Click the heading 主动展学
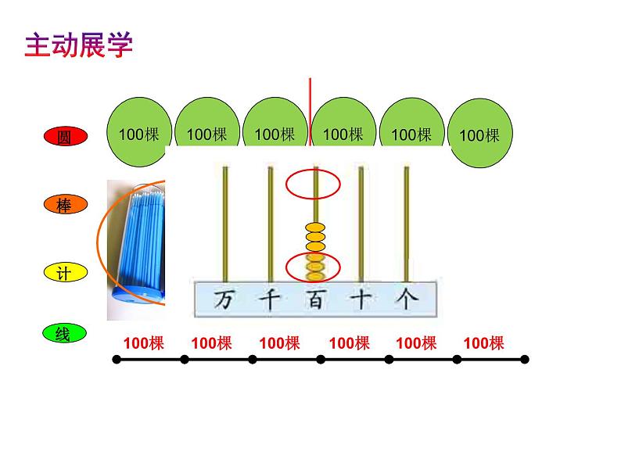pos(79,45)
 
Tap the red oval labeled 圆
pos(64,137)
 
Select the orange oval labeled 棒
pos(64,205)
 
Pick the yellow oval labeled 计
pos(64,273)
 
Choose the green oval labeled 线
pos(64,334)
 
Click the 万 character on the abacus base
pos(224,299)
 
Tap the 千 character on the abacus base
pos(269,299)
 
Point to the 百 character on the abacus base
pos(314,299)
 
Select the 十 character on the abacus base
pos(360,299)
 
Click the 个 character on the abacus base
pos(405,299)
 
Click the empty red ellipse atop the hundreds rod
pos(313,185)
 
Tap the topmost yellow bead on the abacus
pos(315,228)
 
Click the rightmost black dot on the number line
pos(525,360)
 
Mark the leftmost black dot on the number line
pos(117,360)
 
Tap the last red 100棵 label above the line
pos(483,342)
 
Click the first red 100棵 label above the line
pos(144,342)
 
